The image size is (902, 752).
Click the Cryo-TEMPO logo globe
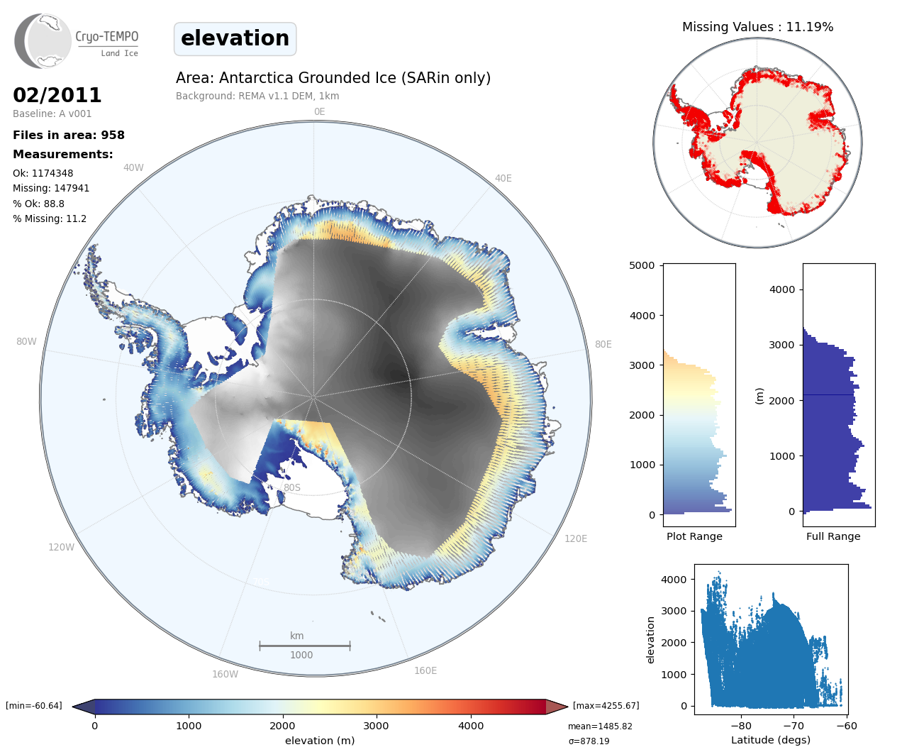coord(44,41)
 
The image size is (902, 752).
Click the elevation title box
coord(235,38)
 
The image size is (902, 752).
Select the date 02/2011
coord(57,95)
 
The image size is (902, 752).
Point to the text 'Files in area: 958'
coord(69,136)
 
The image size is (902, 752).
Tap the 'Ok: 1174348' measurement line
coord(43,173)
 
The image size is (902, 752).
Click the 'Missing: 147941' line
coord(51,188)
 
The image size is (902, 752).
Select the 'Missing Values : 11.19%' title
coord(757,27)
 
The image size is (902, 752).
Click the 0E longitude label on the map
coord(319,111)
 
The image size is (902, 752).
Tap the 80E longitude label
coord(603,344)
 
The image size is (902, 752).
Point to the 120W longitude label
coord(61,547)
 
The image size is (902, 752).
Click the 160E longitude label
coord(425,670)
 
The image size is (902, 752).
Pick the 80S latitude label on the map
coord(292,487)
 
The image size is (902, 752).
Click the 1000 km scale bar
coord(305,646)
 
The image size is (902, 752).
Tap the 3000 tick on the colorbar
coord(376,725)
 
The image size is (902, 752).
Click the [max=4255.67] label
coord(606,706)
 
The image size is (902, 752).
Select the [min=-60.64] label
coord(34,706)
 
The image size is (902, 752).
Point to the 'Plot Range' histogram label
coord(694,536)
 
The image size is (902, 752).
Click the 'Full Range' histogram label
coord(833,536)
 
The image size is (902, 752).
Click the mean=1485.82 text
coord(600,726)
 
